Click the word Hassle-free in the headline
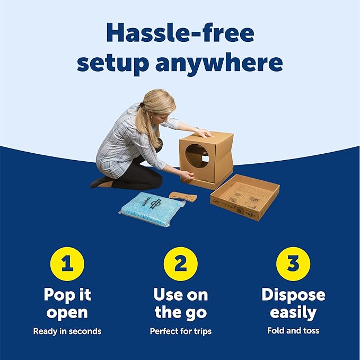tap(180, 34)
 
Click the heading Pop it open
tap(67, 303)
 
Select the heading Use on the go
tap(180, 303)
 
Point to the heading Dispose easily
tap(293, 303)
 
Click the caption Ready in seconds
tap(67, 331)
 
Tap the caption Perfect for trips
tap(180, 331)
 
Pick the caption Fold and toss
tap(293, 331)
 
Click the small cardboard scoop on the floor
tap(183, 197)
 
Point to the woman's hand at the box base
tap(186, 173)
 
